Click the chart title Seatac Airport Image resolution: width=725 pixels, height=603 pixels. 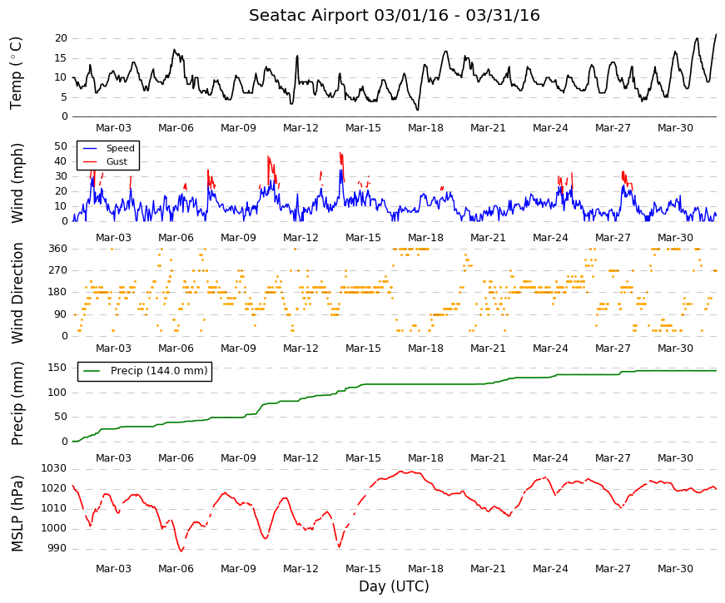tap(310, 15)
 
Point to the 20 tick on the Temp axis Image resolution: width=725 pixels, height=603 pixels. tap(61, 38)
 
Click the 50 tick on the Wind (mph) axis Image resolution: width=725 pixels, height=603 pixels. tap(61, 146)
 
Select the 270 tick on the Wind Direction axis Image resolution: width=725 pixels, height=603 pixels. tap(58, 270)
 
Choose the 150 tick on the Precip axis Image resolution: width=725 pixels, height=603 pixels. tap(58, 368)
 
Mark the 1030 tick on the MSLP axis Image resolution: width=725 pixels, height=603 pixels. tap(53, 468)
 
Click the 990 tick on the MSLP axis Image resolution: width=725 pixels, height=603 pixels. tap(57, 548)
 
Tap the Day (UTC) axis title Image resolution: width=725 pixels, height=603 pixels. tap(394, 586)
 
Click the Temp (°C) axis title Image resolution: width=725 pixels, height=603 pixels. tap(16, 73)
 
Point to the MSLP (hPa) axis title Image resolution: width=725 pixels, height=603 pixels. tap(17, 514)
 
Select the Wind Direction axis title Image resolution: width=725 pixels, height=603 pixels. tap(17, 294)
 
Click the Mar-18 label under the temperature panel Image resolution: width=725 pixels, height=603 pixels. tap(425, 128)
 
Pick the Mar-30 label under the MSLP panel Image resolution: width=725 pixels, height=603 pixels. tap(675, 569)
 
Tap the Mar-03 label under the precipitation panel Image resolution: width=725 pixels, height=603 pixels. tap(113, 458)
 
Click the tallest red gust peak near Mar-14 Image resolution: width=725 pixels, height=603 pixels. tap(340, 153)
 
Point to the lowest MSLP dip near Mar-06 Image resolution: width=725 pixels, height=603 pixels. tap(181, 551)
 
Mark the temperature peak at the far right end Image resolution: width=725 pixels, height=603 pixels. tap(716, 34)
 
